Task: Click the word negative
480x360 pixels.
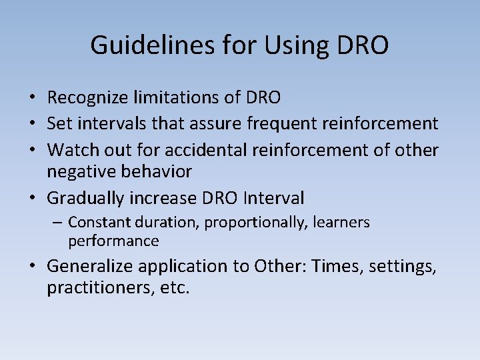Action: coord(79,172)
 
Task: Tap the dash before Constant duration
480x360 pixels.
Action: coord(59,222)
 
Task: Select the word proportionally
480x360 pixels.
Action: coord(254,222)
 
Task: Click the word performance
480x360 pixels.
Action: coord(113,241)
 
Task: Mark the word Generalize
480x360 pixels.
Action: coord(91,267)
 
